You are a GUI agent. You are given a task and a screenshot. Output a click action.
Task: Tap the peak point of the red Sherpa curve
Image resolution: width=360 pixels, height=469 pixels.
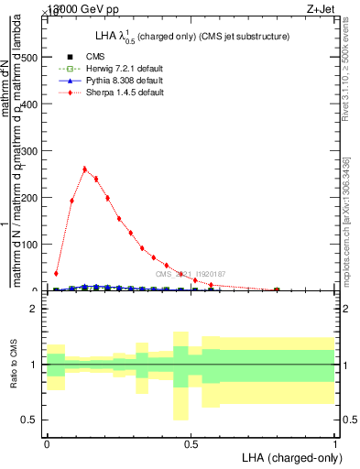pos(85,169)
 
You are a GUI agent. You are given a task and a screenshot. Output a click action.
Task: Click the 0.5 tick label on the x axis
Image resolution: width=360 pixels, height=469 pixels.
pos(191,442)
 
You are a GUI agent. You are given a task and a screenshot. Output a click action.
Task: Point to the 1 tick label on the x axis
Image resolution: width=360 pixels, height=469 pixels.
pos(334,442)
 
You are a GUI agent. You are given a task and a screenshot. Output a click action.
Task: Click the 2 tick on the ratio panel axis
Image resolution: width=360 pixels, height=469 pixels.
pos(37,310)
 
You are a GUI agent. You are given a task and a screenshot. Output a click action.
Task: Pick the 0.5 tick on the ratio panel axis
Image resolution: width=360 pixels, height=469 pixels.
pos(33,420)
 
